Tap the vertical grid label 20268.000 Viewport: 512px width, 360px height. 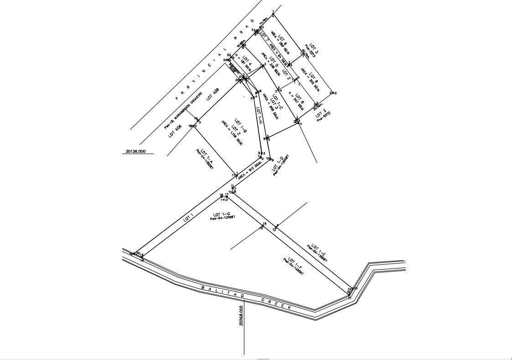pyautogui.click(x=241, y=315)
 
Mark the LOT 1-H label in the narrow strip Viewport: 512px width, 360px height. pyautogui.click(x=259, y=115)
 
